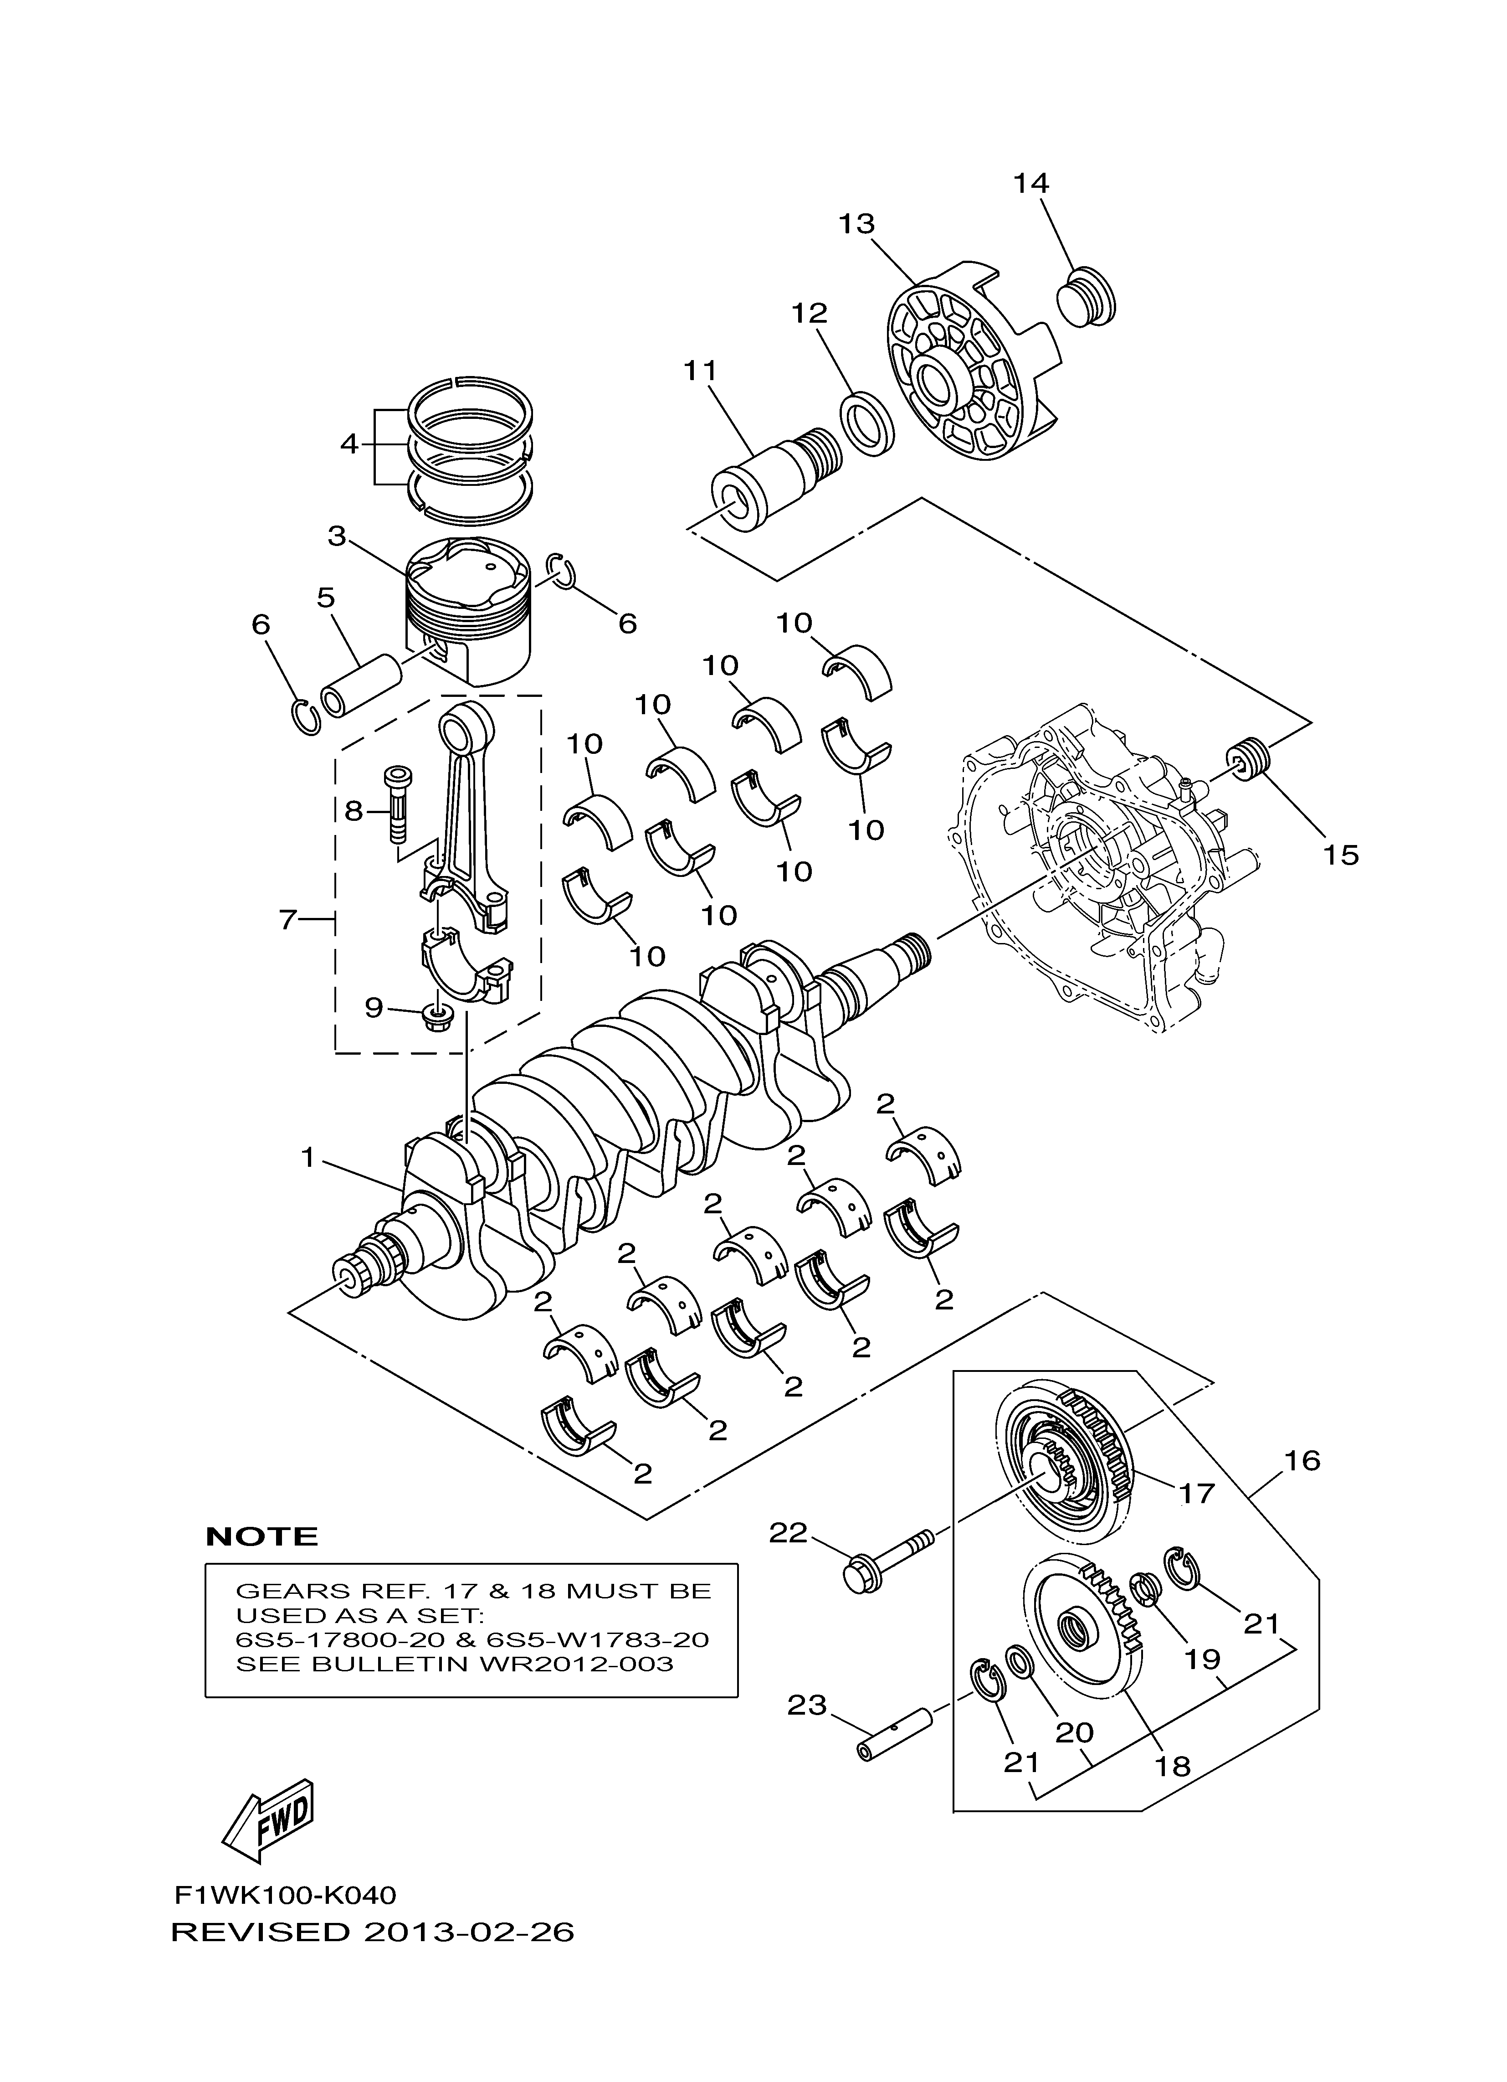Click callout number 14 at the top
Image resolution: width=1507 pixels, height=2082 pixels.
coord(1030,183)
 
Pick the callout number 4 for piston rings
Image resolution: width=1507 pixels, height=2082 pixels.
coord(349,443)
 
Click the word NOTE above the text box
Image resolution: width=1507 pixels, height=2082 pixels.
coord(261,1536)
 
